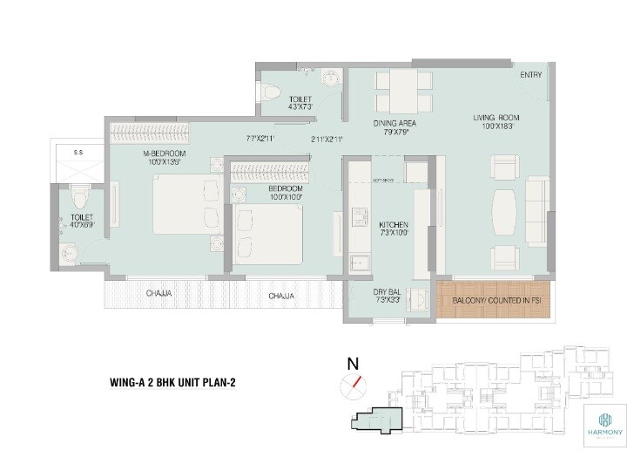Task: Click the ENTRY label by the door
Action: coord(530,75)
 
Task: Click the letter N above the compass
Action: coord(353,363)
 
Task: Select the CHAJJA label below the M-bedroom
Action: coord(159,295)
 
